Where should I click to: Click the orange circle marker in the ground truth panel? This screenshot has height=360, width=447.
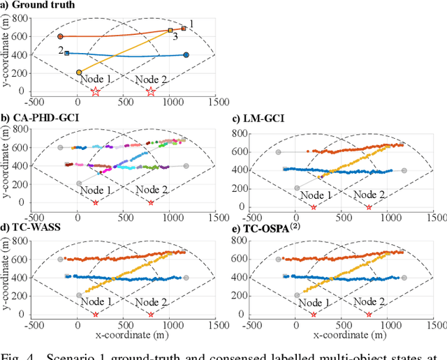(x=60, y=36)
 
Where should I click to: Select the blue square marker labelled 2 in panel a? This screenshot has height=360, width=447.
(x=67, y=53)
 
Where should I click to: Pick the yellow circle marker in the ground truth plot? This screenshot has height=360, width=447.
(x=79, y=72)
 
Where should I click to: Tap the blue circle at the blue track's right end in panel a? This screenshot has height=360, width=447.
(x=186, y=55)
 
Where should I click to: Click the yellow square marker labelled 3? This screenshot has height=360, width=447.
(x=170, y=31)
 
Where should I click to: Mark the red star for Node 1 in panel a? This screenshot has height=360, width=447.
(x=96, y=91)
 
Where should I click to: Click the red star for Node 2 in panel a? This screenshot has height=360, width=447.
(x=151, y=91)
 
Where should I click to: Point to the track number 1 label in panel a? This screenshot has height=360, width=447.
(x=192, y=24)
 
